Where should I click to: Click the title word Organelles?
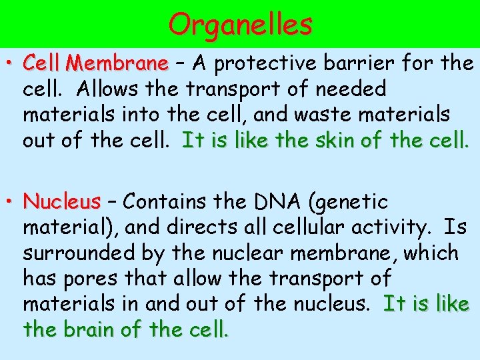point(240,25)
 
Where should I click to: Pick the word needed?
point(354,89)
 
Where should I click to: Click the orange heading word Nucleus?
point(61,201)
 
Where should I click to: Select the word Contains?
point(167,201)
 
